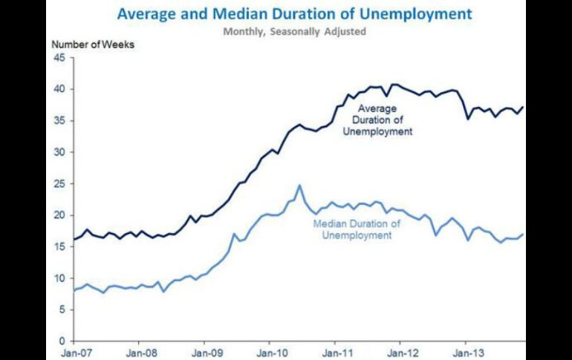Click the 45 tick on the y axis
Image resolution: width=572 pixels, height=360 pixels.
click(x=59, y=58)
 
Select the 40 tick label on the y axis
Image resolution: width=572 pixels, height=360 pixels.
click(x=59, y=89)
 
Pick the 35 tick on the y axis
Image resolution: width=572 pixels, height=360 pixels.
click(x=59, y=121)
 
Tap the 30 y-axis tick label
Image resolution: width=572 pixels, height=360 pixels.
click(x=59, y=152)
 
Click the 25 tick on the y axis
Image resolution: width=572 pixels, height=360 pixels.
click(x=59, y=184)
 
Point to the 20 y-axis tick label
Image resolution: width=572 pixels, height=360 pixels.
click(x=59, y=215)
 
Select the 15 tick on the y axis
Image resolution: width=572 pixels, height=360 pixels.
click(x=59, y=247)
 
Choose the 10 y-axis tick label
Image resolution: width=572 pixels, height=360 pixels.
click(x=59, y=278)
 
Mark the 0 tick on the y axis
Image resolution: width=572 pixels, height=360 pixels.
click(x=62, y=341)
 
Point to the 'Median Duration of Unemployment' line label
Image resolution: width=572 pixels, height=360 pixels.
click(x=357, y=229)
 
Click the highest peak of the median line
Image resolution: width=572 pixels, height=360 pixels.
click(x=299, y=186)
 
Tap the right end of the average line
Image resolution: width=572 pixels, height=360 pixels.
click(x=523, y=107)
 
